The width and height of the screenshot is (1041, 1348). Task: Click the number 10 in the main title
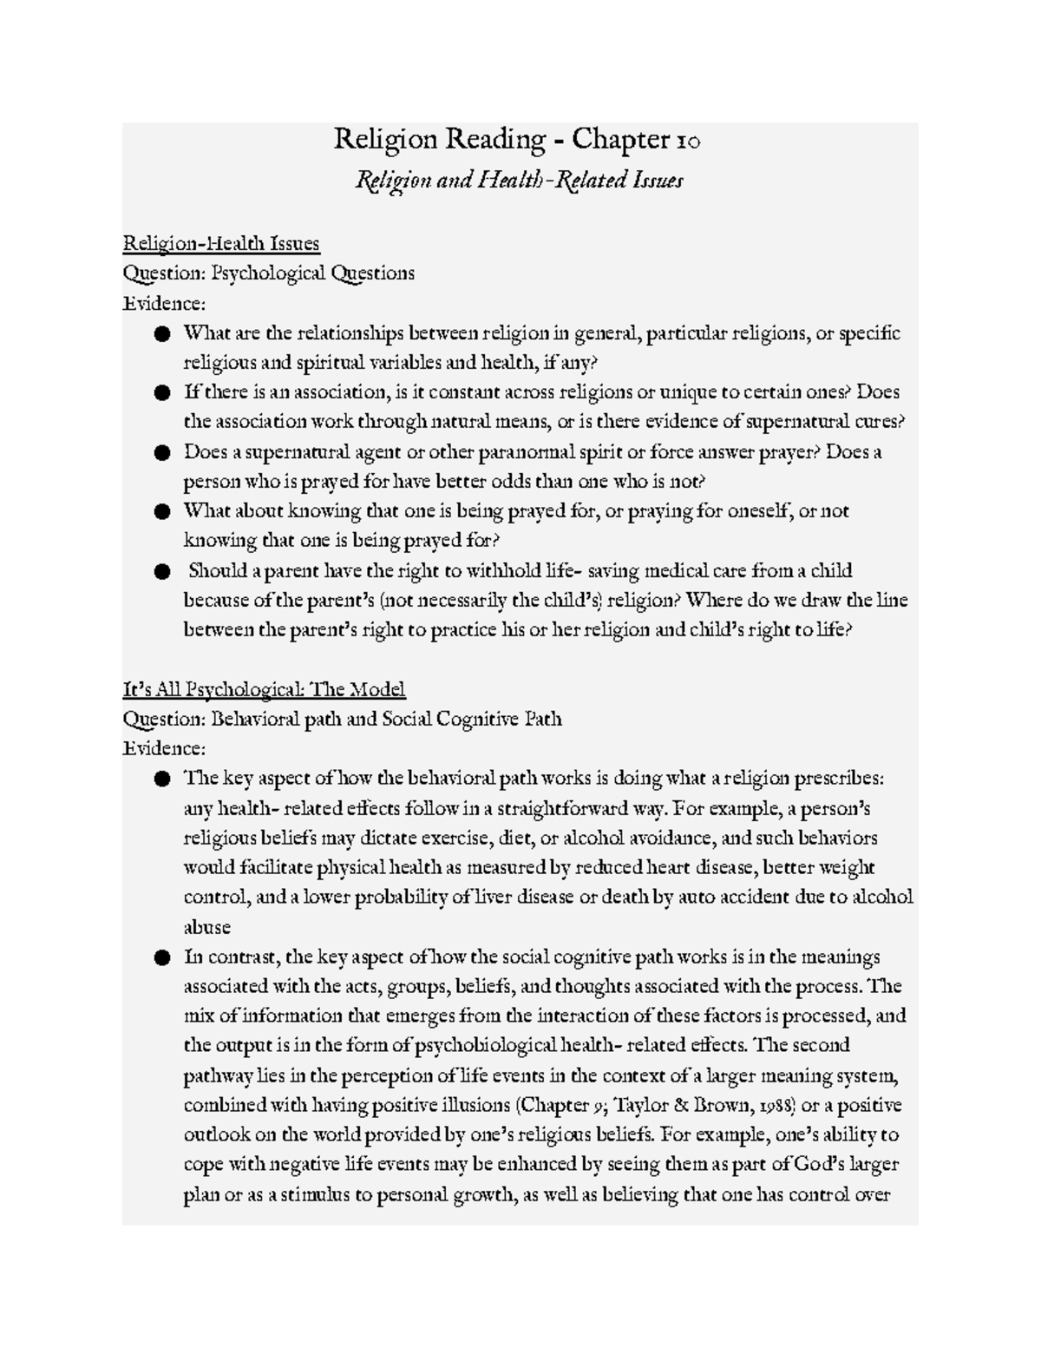[684, 140]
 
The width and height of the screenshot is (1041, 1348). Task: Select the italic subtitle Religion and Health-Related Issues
[519, 181]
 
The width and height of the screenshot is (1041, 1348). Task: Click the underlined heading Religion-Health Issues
[221, 243]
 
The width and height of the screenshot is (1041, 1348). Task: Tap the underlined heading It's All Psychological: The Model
[264, 690]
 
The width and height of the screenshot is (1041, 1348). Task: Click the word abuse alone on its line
[206, 927]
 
